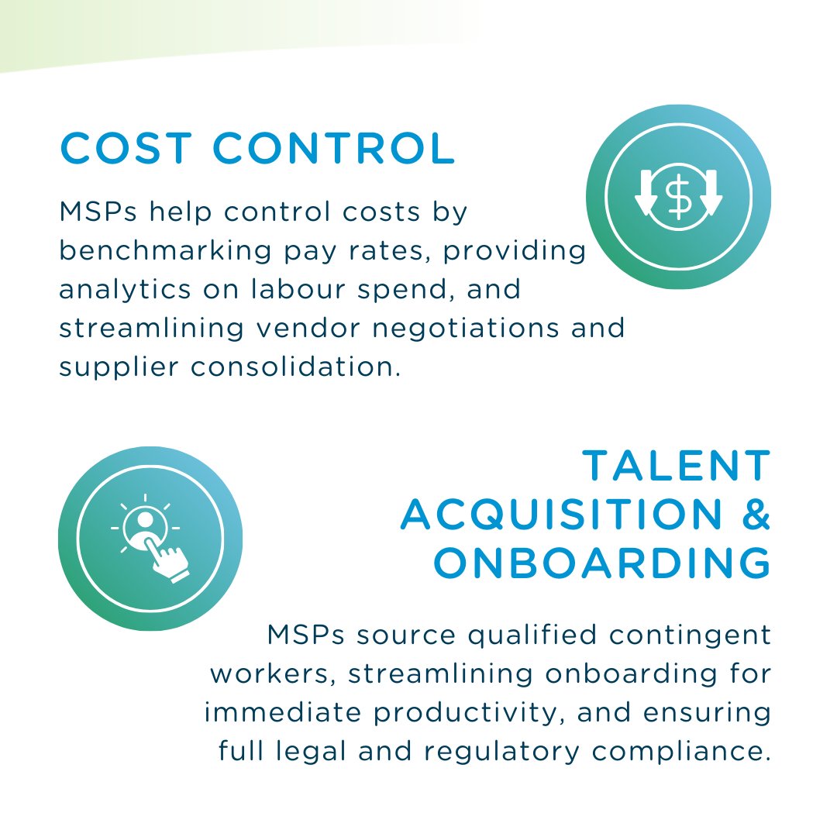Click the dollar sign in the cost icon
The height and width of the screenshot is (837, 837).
pos(679,196)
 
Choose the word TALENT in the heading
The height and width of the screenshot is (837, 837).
pos(676,466)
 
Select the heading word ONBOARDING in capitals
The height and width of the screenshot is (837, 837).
pos(601,563)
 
